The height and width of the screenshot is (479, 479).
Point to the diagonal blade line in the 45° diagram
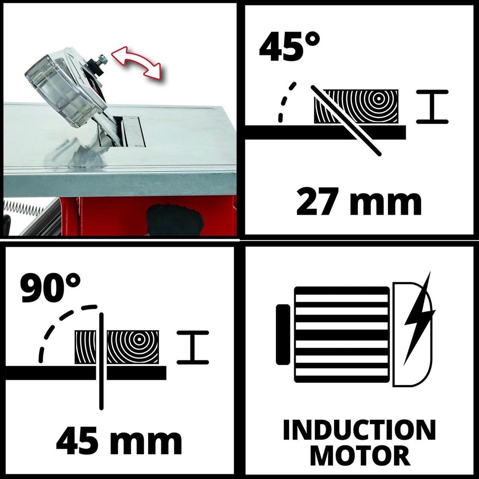(x=346, y=121)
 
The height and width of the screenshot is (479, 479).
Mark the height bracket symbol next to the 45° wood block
(x=432, y=107)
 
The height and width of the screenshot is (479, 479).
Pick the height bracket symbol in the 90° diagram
(x=193, y=348)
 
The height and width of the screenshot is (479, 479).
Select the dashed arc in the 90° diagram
(x=62, y=325)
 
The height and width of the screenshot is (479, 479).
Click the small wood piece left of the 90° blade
(x=85, y=347)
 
